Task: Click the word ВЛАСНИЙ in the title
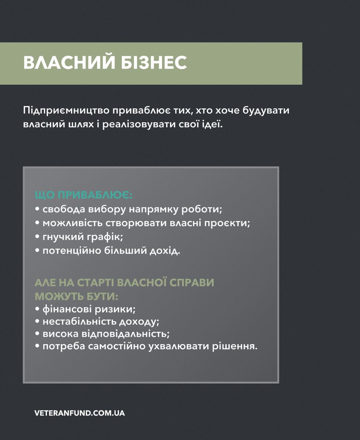[x=69, y=62]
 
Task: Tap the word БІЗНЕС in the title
[x=154, y=62]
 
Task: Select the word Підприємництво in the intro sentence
[x=66, y=111]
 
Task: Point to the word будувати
[x=266, y=111]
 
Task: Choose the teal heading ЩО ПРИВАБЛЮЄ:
[x=84, y=195]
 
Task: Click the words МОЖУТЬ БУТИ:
[x=76, y=297]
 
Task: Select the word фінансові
[x=67, y=309]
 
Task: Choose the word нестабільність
[x=79, y=321]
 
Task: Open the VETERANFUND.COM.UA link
[x=80, y=413]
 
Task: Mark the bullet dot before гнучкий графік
[x=37, y=236]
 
